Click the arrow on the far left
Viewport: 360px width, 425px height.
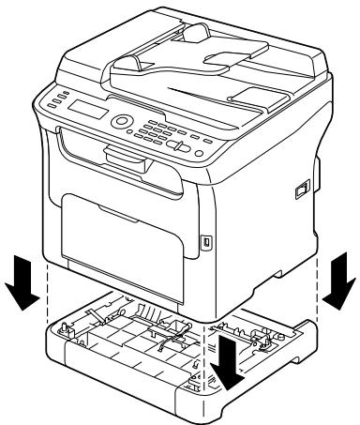pos(22,289)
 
